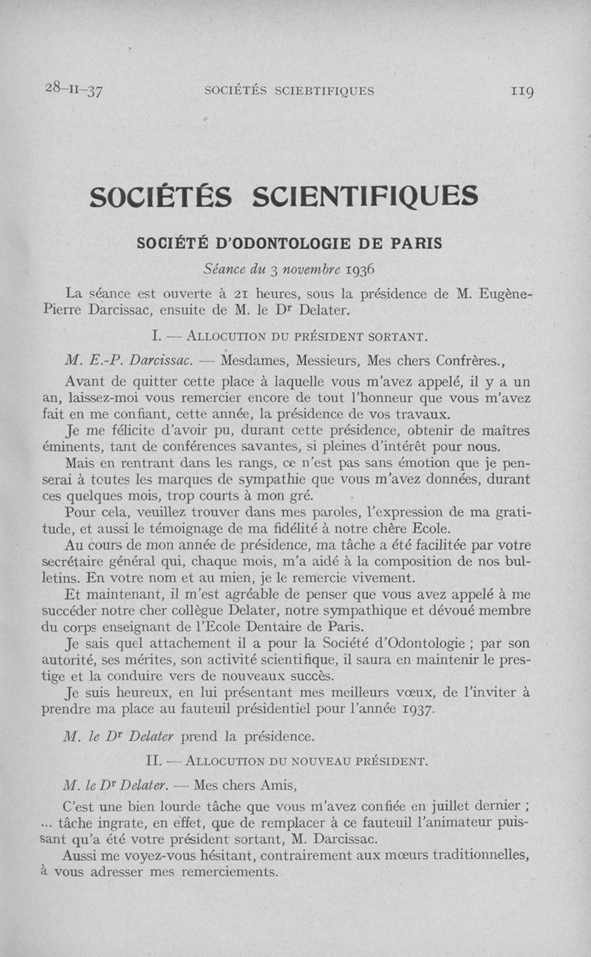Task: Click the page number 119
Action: point(521,92)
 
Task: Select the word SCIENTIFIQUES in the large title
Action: point(364,197)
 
